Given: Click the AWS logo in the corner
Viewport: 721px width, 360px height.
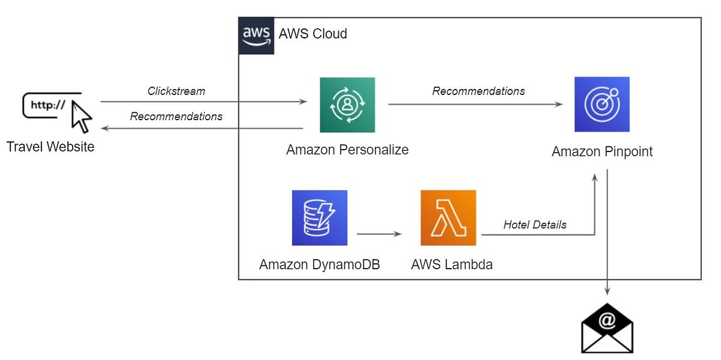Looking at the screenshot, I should pos(257,35).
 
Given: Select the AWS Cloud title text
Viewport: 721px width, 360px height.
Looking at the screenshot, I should pos(312,34).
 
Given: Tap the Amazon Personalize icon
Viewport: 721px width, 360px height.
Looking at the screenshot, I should pos(347,105).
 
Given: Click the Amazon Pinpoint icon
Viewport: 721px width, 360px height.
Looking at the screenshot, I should pos(601,104).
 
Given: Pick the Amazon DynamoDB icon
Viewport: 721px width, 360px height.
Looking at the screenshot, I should pos(320,218).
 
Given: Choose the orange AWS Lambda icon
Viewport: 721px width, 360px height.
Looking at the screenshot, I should pos(448,218).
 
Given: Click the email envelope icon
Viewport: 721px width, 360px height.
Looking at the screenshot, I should pos(607,329).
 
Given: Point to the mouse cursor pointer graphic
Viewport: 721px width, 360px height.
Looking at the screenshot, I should pos(81,117).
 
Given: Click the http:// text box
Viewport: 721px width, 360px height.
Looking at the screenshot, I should pos(48,105).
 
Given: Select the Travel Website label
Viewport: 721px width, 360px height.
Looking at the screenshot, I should pos(50,147).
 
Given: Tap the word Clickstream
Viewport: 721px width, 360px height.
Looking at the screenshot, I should pos(176,91).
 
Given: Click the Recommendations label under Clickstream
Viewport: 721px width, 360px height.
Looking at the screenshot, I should pos(176,117).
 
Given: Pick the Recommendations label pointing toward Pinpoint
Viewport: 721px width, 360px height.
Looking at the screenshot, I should pos(478,91).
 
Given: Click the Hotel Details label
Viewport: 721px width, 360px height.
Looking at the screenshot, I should pos(535,225).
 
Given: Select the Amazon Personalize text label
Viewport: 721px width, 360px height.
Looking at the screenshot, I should pos(347,150).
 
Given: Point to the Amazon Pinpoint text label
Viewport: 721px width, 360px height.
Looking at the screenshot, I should pos(602,151).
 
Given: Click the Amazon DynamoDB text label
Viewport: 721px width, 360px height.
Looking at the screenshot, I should pos(320,264).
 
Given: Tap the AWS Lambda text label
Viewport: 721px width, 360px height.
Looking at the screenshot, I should pos(452,264).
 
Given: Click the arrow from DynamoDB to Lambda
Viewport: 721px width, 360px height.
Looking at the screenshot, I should pos(379,233).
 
